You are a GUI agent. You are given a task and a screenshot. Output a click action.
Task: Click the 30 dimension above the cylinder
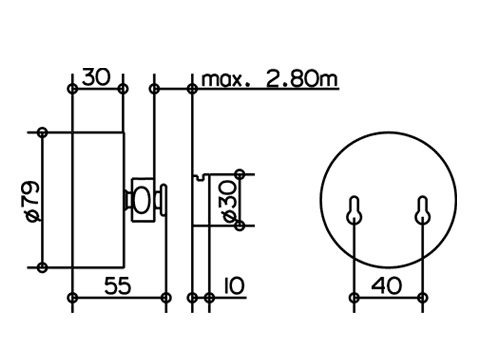96,77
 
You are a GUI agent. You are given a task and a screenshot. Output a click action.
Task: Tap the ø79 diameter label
33,201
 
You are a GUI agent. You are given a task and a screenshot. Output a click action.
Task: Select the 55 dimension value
117,286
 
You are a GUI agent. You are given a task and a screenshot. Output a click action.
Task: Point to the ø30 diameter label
230,201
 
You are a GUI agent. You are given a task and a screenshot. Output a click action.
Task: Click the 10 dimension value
234,286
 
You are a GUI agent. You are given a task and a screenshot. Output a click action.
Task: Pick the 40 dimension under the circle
386,286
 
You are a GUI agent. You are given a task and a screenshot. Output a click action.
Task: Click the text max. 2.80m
270,79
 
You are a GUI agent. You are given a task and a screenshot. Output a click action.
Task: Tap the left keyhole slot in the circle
354,210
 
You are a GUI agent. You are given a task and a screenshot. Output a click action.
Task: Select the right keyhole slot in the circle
422,210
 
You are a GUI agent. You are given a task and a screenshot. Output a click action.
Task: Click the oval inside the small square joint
142,200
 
